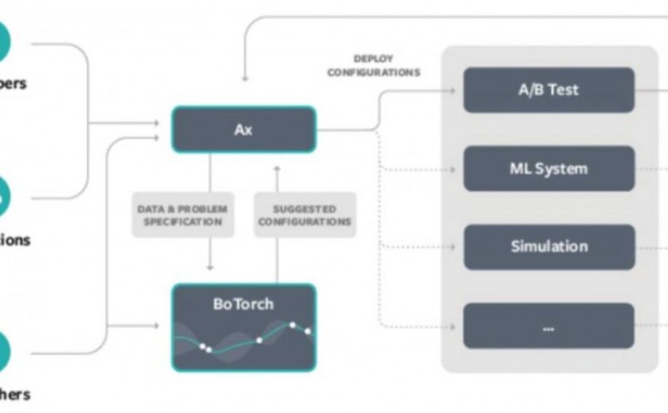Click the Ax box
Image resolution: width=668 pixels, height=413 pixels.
(x=243, y=129)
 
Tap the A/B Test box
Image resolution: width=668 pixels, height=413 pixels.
(x=549, y=90)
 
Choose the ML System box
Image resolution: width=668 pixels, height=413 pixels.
(x=549, y=168)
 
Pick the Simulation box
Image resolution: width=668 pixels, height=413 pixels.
(x=549, y=246)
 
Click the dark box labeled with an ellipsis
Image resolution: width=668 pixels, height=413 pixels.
(x=549, y=326)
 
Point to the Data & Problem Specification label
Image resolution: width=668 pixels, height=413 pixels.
(x=182, y=215)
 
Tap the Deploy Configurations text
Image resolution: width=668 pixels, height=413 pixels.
(x=374, y=66)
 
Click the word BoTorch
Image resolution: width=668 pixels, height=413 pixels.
(x=243, y=304)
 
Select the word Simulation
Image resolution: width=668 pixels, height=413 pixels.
(x=549, y=246)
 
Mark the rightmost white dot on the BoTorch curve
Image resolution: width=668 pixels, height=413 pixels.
(x=308, y=331)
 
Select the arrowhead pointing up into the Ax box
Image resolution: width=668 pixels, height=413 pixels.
(x=276, y=168)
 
